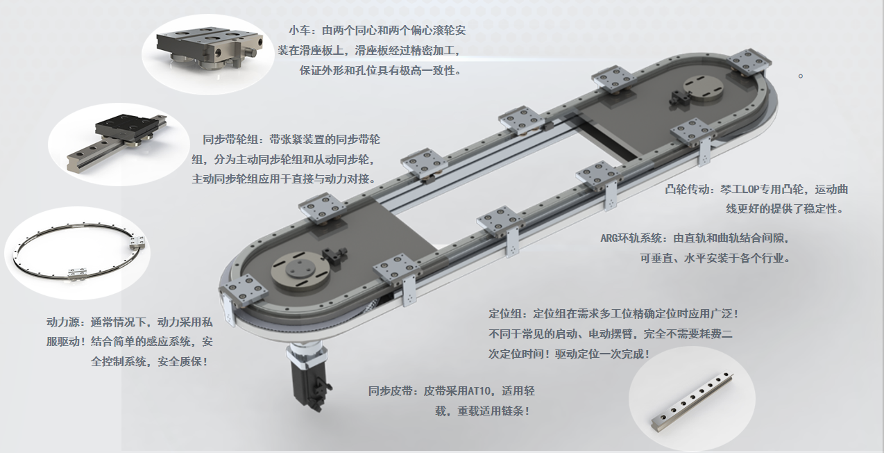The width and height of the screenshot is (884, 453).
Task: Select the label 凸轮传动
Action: (x=687, y=190)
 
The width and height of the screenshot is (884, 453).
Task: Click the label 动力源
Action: (x=63, y=322)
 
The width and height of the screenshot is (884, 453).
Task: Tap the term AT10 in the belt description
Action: (x=479, y=391)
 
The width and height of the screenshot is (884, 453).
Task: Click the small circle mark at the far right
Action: (x=801, y=76)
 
